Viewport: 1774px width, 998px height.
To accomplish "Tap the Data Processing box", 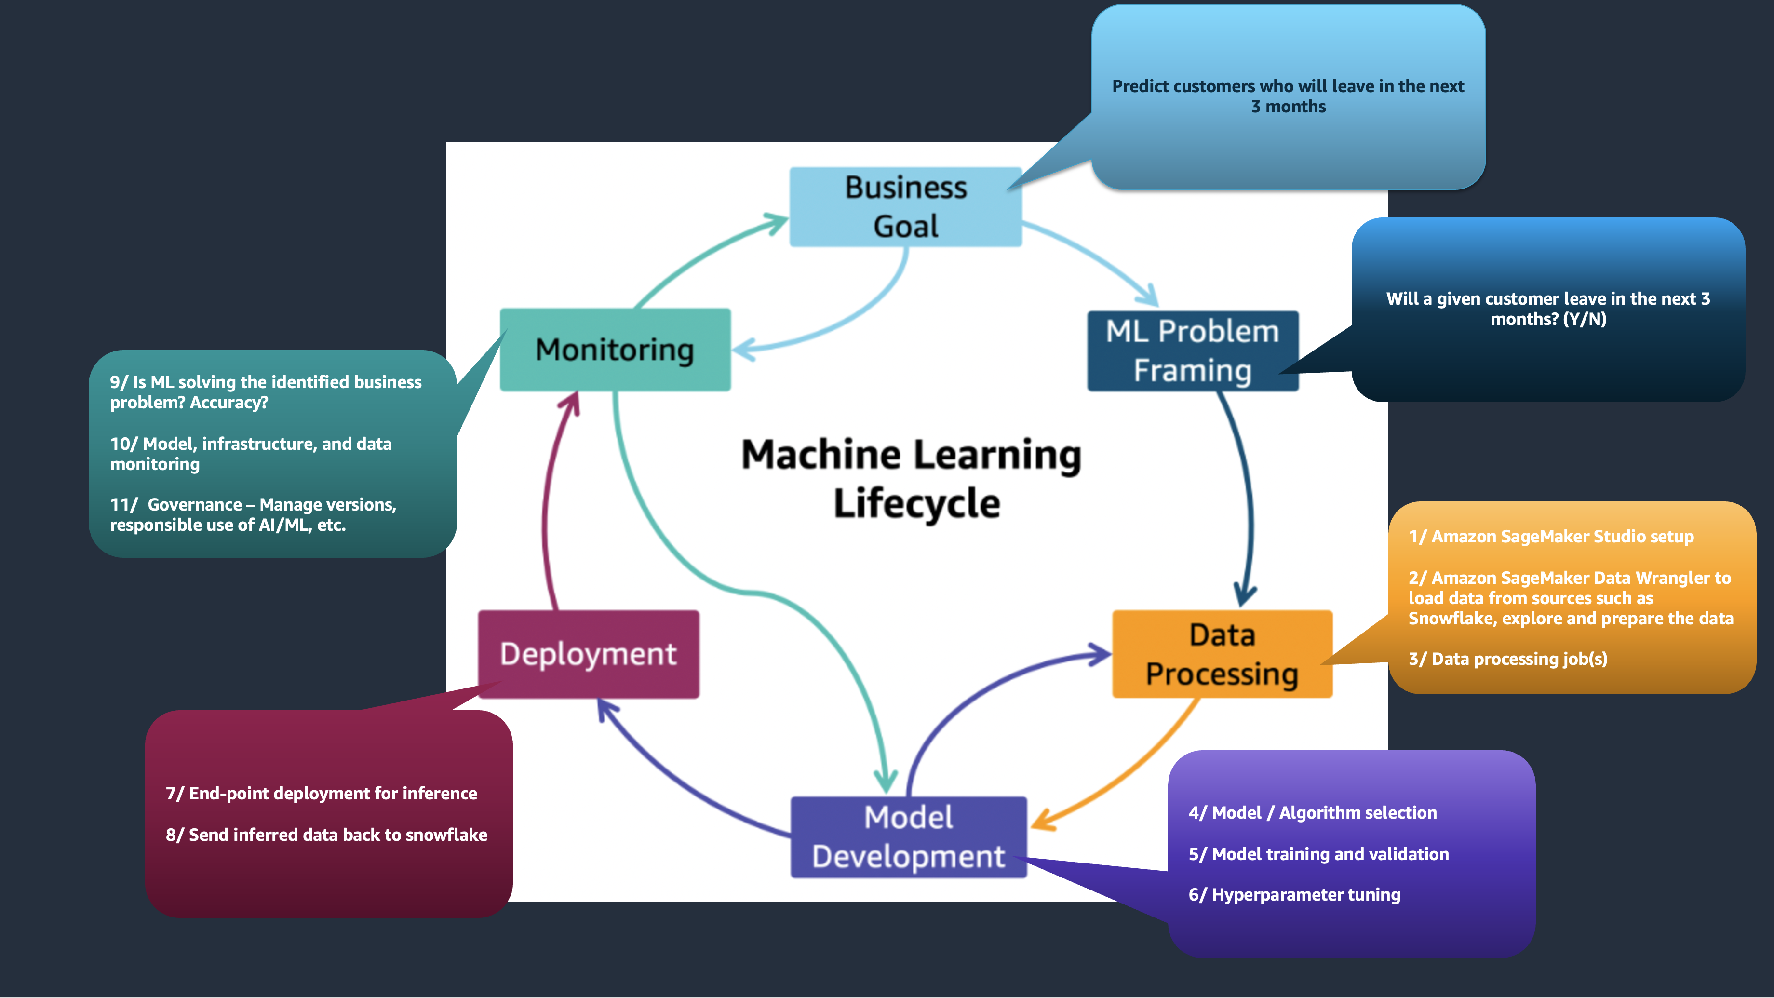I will coord(1222,654).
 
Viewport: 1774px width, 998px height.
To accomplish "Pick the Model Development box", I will coord(908,837).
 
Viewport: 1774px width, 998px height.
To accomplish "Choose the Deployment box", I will coord(588,654).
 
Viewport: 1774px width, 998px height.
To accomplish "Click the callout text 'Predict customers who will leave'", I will coord(1287,86).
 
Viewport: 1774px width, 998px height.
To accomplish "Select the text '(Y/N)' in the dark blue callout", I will coord(1584,319).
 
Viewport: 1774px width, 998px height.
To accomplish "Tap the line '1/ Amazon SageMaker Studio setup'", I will coord(1551,537).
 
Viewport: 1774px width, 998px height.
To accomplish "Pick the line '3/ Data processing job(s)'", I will coord(1507,659).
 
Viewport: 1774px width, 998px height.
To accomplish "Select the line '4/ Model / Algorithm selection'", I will coord(1312,813).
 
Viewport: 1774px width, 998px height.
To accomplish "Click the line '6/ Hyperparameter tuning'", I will coord(1294,895).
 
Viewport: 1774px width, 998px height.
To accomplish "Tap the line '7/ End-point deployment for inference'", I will coord(321,794).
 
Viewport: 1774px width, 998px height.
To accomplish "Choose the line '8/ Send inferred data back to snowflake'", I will coord(326,835).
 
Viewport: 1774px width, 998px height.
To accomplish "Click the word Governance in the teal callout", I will coord(194,505).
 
